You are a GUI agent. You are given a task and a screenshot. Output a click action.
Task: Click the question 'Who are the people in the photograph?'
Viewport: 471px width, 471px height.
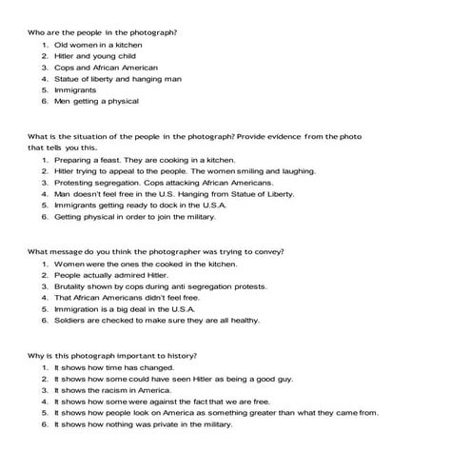pos(103,32)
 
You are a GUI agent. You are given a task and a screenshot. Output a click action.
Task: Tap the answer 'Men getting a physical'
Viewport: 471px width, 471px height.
pos(96,101)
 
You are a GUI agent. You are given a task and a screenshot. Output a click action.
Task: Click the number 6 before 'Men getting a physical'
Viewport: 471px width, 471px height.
pos(45,101)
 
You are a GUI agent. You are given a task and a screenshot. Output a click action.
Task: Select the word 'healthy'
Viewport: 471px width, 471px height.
pos(243,321)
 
